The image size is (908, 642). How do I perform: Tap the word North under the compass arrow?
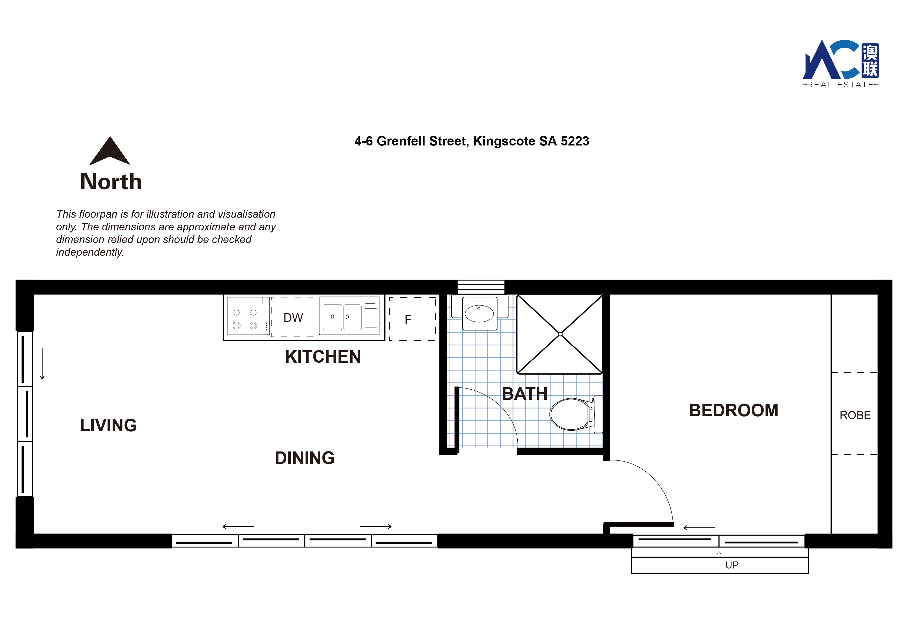pyautogui.click(x=111, y=181)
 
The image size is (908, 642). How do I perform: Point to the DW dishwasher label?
pyautogui.click(x=293, y=318)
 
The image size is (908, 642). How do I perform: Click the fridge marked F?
pyautogui.click(x=413, y=319)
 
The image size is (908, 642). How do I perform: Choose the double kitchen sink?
pyautogui.click(x=342, y=317)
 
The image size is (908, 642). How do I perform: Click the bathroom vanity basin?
pyautogui.click(x=479, y=313)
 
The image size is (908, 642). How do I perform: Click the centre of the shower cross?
pyautogui.click(x=560, y=334)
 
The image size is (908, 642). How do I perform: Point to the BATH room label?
pyautogui.click(x=524, y=394)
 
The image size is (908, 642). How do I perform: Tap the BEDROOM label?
pyautogui.click(x=734, y=410)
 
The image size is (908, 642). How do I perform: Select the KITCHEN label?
pyautogui.click(x=323, y=357)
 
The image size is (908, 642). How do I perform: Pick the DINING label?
pyautogui.click(x=304, y=458)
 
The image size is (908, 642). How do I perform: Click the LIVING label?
pyautogui.click(x=108, y=426)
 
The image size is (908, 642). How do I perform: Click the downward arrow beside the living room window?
pyautogui.click(x=42, y=363)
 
